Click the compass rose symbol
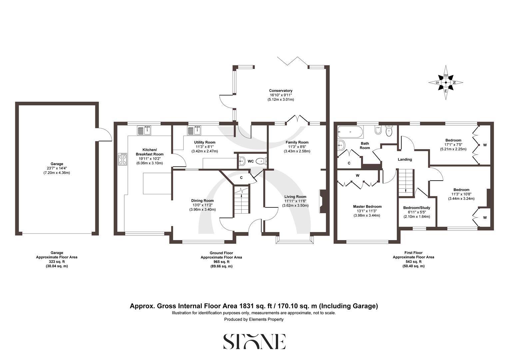coord(446,82)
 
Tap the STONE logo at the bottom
coord(254,341)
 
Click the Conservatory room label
coord(280,91)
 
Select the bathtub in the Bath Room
coord(350,132)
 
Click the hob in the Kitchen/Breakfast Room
coord(123,159)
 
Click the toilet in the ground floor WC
coord(261,161)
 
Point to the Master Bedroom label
coord(367,207)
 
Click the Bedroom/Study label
coord(416,208)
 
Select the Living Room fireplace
coord(322,201)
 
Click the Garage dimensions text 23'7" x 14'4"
coord(57,168)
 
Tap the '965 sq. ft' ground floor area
coord(221,262)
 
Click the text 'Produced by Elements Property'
coord(254,319)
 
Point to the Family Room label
coord(297,142)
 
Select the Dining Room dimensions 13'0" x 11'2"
coord(202,205)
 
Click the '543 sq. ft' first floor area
coord(413,262)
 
